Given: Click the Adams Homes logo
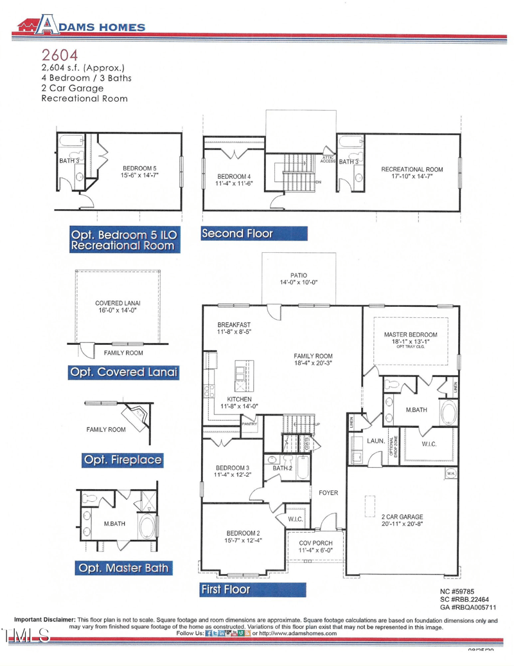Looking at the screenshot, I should point(80,26).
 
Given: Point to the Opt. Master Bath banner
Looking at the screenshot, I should point(123,568).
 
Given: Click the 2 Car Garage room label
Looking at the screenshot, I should point(402,517).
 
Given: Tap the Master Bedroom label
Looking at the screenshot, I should point(410,335).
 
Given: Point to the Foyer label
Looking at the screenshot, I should point(328,493).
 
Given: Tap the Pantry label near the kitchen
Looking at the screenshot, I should point(249,424).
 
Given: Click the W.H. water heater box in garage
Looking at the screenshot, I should point(452,474).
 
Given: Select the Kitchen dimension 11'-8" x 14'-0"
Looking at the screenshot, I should point(239,406).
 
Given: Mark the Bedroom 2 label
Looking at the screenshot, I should point(242,533).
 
